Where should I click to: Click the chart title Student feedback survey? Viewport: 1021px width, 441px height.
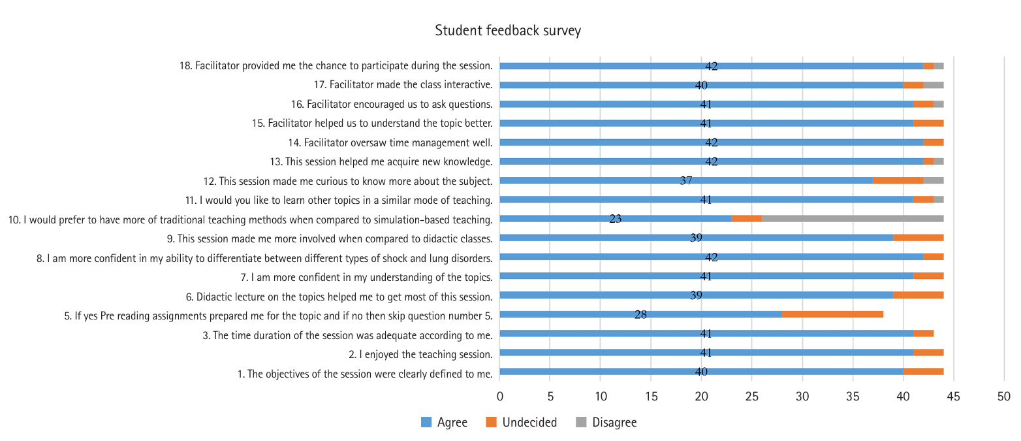tap(507, 31)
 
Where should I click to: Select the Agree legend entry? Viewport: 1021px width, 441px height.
tap(452, 423)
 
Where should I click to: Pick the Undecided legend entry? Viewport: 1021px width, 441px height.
tap(529, 423)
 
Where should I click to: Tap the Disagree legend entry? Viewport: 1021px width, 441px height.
tap(614, 423)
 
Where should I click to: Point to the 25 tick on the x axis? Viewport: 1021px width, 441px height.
tap(752, 396)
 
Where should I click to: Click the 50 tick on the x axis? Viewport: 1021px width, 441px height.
tap(1004, 396)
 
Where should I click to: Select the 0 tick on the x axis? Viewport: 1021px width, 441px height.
tap(500, 396)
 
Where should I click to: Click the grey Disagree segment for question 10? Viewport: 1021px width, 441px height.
tap(853, 219)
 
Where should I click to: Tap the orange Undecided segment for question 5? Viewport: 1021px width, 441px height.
tap(832, 314)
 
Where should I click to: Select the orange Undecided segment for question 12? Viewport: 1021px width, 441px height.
tap(898, 180)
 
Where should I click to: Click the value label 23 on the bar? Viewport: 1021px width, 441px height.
tap(616, 220)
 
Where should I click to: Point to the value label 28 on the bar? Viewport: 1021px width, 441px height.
tap(640, 315)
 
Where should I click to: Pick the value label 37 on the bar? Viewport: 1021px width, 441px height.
tap(686, 181)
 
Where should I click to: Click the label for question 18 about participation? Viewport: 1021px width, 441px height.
tap(336, 66)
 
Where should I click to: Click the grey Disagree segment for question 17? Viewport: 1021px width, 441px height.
tap(934, 85)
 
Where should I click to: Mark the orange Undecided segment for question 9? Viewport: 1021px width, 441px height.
tap(919, 238)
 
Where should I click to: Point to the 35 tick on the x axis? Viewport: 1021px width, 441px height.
tap(853, 396)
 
